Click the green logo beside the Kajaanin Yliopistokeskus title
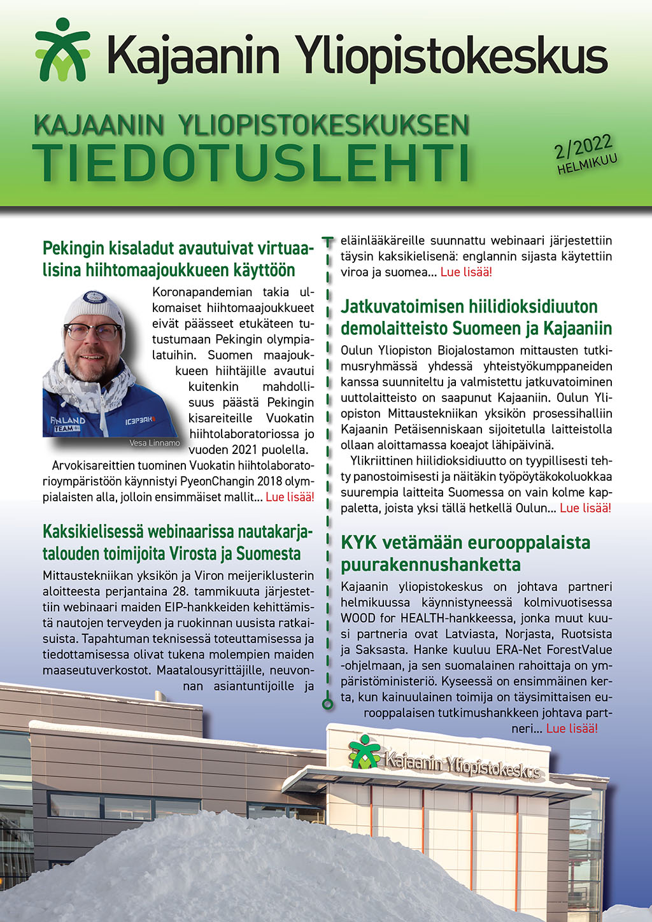[62, 50]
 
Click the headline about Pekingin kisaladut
[178, 259]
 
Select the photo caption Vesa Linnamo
[154, 443]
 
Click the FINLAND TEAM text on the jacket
[67, 423]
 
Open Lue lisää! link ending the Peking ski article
[289, 497]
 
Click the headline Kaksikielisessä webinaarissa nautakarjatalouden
[178, 542]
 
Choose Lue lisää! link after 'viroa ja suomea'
[466, 272]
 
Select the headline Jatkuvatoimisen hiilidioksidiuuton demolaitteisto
[476, 317]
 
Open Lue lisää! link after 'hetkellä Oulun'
[585, 507]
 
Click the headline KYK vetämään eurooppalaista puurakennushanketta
[465, 553]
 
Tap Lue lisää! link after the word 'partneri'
[572, 728]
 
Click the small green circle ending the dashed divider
[327, 704]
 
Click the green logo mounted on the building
[364, 751]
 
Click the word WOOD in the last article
[358, 618]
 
